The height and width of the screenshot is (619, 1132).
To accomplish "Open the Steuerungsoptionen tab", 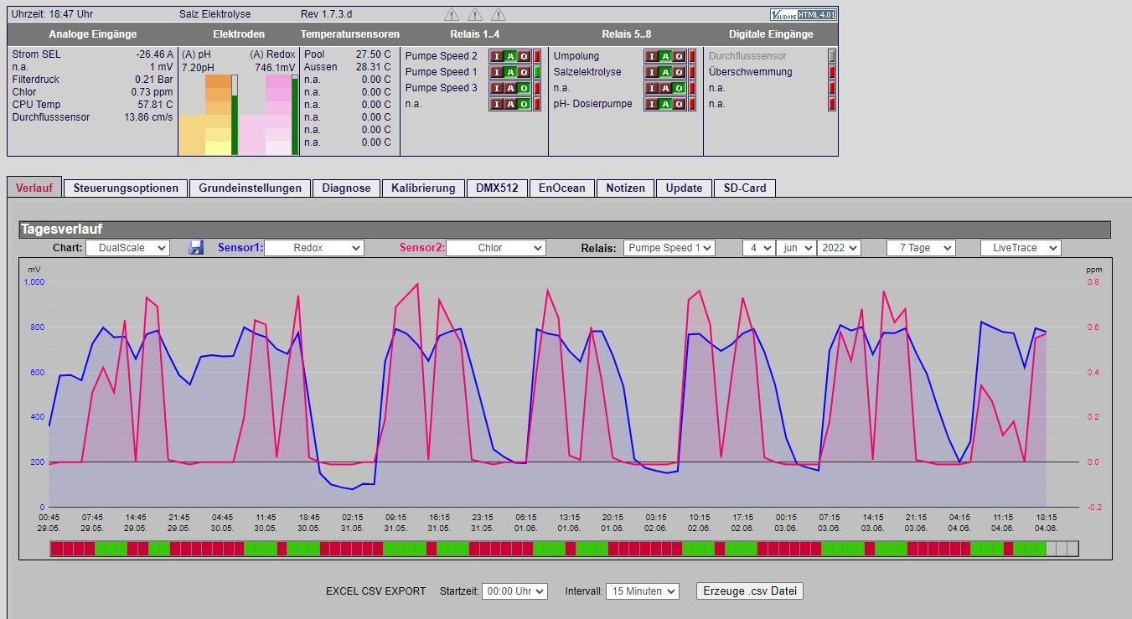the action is point(126,188).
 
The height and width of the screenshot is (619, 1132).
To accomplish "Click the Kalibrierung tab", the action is point(423,188).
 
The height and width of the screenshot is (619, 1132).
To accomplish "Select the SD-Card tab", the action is point(744,188).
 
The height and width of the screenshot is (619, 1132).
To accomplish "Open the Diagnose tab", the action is point(346,188).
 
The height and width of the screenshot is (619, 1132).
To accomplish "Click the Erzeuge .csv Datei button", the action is point(749,591).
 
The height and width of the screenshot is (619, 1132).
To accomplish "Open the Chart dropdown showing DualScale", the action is point(127,248).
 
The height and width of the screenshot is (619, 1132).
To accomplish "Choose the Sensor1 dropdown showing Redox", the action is point(314,248).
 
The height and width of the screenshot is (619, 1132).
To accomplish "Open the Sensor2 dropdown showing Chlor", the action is point(496,248).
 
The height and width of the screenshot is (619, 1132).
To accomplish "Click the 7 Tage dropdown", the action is point(921,248).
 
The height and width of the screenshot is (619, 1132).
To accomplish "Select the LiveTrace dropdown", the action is point(1021,248).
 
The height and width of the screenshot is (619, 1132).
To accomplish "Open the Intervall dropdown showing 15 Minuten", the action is point(643,591).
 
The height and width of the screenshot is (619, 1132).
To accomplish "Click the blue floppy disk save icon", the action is point(196,247).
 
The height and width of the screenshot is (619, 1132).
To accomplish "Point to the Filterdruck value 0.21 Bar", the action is point(153,80).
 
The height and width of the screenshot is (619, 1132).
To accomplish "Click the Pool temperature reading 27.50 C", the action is point(373,54).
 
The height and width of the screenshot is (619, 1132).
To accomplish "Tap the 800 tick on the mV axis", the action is point(38,327).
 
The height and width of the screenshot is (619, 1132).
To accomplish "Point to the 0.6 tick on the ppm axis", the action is point(1093,327).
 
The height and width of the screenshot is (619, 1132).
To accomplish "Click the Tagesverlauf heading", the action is point(62,229).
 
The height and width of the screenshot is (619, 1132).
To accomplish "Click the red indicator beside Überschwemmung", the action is point(831,72).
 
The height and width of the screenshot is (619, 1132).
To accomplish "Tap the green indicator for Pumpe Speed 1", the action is point(537,72).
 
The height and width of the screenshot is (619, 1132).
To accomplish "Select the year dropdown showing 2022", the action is point(839,248).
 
